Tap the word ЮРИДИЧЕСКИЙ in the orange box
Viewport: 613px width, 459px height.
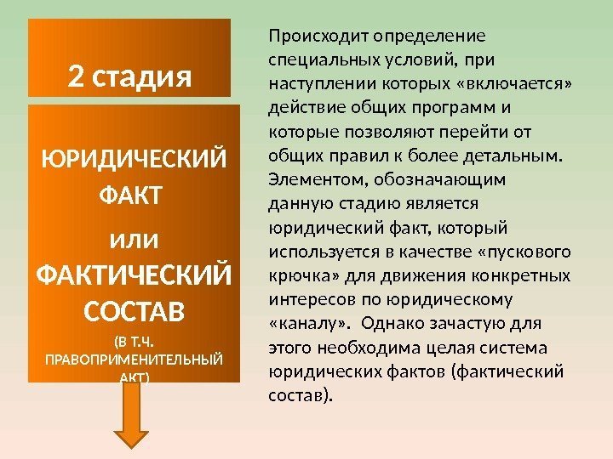pos(135,160)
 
